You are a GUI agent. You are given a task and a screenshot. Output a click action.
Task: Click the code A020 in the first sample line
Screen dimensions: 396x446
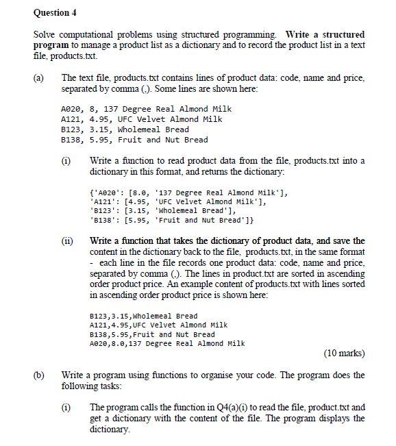(x=72, y=109)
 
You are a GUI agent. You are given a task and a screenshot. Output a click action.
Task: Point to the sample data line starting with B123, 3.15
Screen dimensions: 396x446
(x=125, y=129)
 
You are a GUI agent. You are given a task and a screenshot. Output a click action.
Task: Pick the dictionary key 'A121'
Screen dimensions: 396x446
(x=103, y=199)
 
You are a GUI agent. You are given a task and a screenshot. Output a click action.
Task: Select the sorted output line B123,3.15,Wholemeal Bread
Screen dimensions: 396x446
(x=139, y=316)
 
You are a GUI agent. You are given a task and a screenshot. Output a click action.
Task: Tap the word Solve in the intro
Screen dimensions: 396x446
(x=45, y=34)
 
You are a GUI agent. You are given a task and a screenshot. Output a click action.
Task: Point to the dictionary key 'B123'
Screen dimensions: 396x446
(x=103, y=210)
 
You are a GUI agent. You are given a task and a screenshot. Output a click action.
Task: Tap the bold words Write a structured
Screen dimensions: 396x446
(x=325, y=34)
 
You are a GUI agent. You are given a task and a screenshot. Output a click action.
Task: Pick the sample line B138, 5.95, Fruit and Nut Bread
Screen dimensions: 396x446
(x=134, y=140)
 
